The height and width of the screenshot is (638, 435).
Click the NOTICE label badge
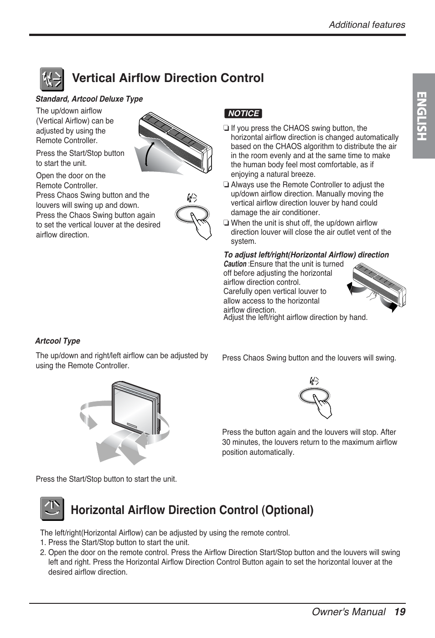[243, 113]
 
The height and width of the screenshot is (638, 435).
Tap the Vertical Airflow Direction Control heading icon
[52, 80]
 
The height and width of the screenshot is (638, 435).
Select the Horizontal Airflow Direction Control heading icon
[52, 509]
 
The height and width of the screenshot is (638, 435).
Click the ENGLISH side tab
[423, 116]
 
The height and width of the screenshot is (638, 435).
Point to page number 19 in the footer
[400, 612]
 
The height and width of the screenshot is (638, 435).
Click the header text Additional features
[367, 25]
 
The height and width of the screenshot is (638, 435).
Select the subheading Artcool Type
[57, 341]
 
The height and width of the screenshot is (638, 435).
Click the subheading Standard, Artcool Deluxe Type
[89, 99]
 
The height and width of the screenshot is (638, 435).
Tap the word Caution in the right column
[235, 264]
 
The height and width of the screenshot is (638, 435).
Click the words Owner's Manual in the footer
[348, 612]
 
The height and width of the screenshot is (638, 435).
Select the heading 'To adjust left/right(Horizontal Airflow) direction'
[306, 255]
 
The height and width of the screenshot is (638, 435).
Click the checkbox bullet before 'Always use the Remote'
[226, 185]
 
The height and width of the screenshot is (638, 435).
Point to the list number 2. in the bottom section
[43, 552]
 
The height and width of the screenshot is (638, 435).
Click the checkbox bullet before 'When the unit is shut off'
[226, 223]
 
